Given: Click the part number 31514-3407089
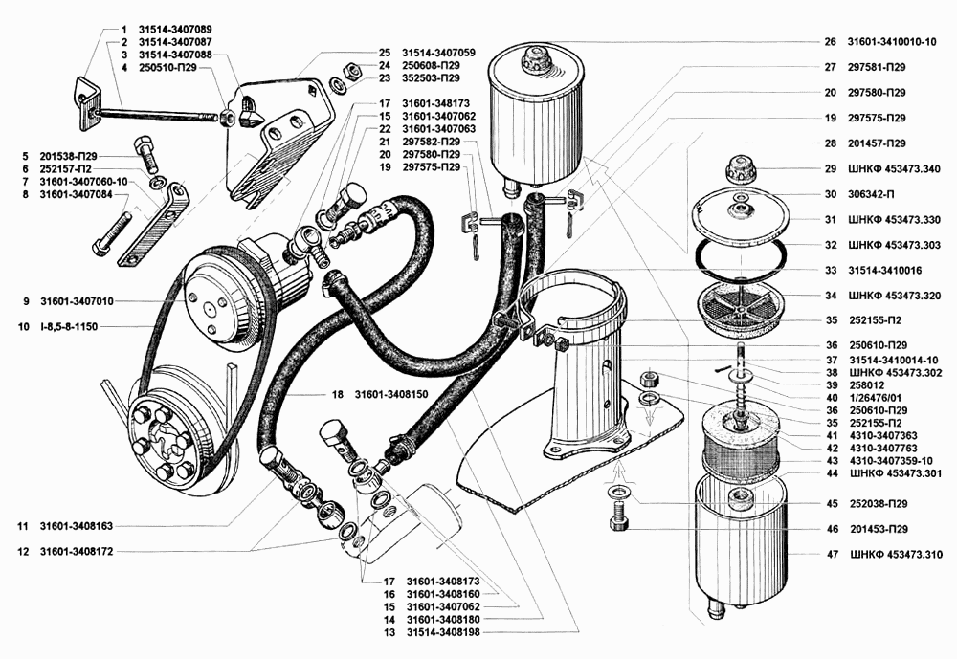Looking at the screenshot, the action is click(x=175, y=30).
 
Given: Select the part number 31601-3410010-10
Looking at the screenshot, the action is click(x=892, y=42).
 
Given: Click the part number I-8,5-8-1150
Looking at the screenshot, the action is click(x=69, y=327).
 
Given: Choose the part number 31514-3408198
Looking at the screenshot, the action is click(x=444, y=632).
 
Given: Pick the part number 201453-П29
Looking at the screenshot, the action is click(x=879, y=529).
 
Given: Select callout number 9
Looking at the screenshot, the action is click(x=26, y=301).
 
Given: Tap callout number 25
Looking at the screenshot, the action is click(x=384, y=54).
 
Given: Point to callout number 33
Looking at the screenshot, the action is click(x=830, y=271).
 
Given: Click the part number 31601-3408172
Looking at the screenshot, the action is click(x=77, y=552).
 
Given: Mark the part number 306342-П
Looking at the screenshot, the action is click(x=869, y=195).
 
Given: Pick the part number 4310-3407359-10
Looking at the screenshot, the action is click(x=890, y=461).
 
